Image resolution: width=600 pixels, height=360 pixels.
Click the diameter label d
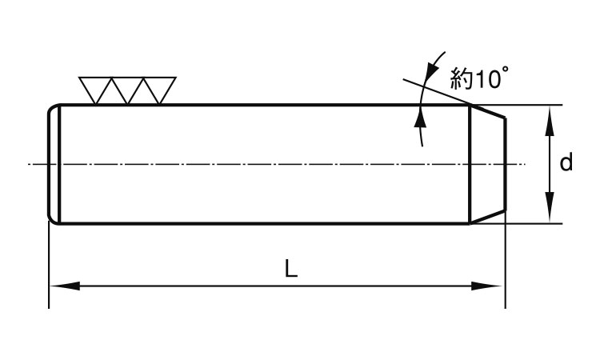coord(566,164)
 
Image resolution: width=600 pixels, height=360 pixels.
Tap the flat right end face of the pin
coord(506,164)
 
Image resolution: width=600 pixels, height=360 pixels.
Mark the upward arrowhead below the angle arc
coord(420,118)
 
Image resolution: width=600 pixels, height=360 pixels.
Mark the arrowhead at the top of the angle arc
coord(435,62)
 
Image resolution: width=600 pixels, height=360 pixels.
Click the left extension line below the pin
coord(50,264)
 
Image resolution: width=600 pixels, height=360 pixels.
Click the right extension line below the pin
coord(506,264)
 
